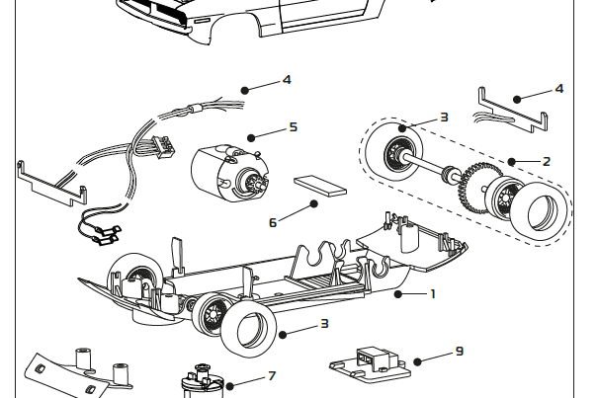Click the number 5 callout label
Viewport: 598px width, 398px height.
(x=293, y=127)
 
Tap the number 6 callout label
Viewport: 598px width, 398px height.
(x=274, y=222)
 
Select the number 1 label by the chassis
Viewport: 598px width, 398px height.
(x=432, y=293)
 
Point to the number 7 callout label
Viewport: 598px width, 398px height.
(x=271, y=376)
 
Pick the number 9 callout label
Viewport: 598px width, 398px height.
(x=460, y=350)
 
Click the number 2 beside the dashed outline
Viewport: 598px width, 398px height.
(x=546, y=161)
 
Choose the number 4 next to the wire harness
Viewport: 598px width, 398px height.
(x=286, y=79)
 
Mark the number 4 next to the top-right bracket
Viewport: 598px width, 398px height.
(x=558, y=88)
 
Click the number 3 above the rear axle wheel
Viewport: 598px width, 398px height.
(x=444, y=117)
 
